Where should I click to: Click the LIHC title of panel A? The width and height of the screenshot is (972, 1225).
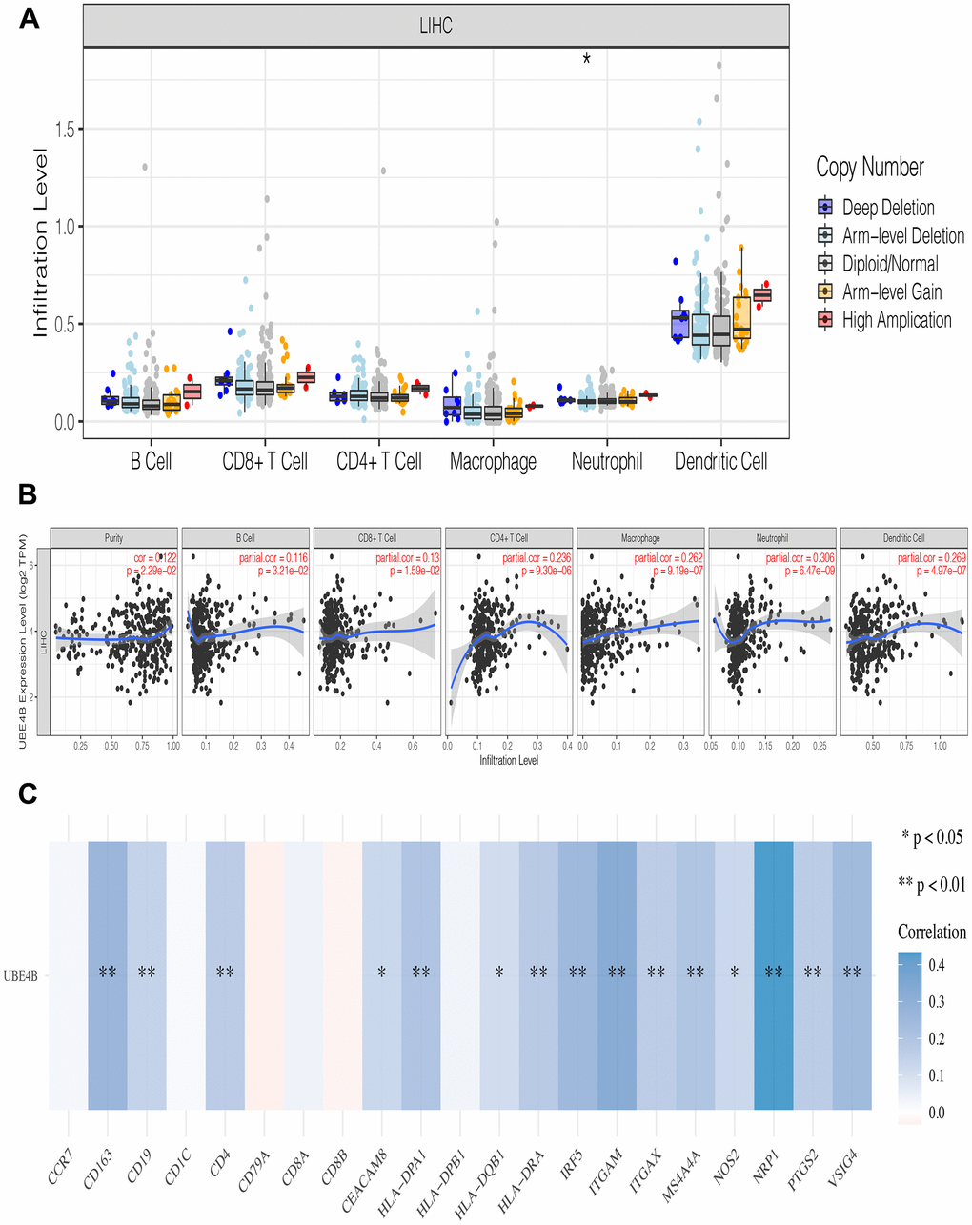point(435,26)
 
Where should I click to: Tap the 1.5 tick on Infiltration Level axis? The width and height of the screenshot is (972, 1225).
point(64,129)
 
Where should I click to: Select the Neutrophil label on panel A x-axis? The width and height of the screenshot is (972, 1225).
point(607,462)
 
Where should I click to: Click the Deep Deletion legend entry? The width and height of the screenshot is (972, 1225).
point(887,208)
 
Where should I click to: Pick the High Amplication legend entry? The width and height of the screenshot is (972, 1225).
point(896,320)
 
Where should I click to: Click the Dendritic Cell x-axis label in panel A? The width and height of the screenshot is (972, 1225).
point(720,462)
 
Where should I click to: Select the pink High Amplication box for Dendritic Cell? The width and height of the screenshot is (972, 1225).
point(762,295)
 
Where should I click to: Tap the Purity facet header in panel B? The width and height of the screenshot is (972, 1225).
point(113,538)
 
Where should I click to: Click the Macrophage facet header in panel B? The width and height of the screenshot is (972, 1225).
point(640,538)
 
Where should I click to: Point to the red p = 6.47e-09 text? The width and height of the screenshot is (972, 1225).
point(807,571)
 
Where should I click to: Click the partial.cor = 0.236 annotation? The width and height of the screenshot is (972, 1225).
point(537,558)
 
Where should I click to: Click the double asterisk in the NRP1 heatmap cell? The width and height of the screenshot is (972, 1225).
point(773,973)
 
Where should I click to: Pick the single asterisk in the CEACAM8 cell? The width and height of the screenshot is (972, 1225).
point(381,973)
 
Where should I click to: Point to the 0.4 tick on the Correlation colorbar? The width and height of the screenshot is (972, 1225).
point(937,965)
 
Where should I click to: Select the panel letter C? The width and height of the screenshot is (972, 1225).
point(28,793)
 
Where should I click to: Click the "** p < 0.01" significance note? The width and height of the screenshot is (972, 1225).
point(931,885)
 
